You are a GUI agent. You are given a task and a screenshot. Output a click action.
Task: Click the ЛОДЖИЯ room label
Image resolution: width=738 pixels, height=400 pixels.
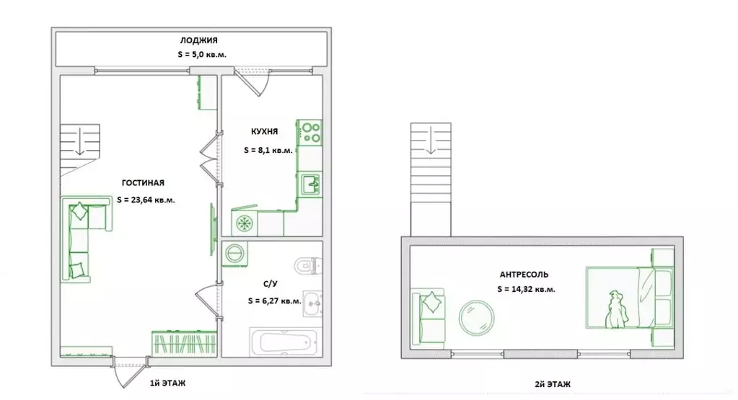[198, 40]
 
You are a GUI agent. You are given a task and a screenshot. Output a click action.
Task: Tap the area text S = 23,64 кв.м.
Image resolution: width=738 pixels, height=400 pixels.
[146, 200]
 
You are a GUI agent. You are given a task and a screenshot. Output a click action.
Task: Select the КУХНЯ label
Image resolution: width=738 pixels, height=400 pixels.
[265, 132]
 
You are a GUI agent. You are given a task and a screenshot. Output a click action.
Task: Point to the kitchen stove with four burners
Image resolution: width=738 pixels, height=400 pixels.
[310, 132]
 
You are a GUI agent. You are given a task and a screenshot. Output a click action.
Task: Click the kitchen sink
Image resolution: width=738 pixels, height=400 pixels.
[310, 184]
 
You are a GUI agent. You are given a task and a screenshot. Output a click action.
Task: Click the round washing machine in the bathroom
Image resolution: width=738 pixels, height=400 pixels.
[234, 254]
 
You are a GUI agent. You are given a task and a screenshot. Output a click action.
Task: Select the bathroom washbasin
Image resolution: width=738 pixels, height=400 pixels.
[312, 303]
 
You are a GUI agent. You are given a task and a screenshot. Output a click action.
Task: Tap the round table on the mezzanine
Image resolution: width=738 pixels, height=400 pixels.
[476, 318]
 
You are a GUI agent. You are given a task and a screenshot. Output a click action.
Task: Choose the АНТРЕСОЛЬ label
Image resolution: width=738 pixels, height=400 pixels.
[524, 275]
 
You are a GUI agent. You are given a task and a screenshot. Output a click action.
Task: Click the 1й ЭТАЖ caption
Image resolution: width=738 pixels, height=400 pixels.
[167, 383]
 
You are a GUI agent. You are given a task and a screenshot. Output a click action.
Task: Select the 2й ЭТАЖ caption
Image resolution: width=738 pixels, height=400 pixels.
[553, 384]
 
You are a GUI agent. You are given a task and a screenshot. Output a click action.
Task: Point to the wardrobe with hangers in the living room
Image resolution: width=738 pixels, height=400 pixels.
[184, 343]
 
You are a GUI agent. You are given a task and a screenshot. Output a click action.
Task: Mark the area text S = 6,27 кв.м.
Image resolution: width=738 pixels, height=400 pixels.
[274, 301]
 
